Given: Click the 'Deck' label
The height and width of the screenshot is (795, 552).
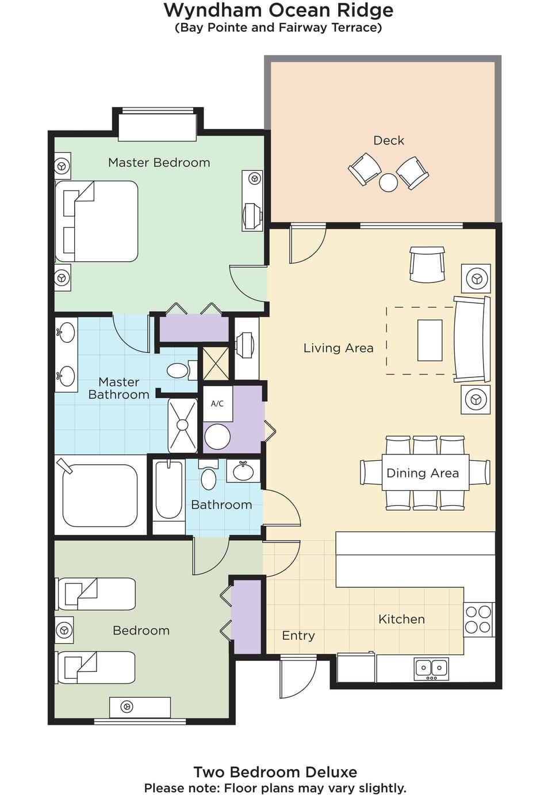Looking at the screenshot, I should [x=389, y=140].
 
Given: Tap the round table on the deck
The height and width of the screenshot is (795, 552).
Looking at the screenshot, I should [x=388, y=182].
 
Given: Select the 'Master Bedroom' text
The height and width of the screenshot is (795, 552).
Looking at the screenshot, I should [x=159, y=163].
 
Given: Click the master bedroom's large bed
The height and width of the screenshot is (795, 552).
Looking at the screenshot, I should [x=97, y=221].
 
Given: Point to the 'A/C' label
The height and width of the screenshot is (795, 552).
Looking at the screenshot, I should [x=217, y=404].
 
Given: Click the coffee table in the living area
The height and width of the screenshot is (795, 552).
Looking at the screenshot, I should [x=430, y=340].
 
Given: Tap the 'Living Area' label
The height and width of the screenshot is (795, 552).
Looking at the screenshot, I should [x=338, y=348].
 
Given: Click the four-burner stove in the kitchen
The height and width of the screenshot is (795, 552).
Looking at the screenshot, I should [x=478, y=619].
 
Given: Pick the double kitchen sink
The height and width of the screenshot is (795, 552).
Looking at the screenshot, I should [x=431, y=668].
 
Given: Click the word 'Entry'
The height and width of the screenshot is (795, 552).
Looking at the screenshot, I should [x=298, y=636].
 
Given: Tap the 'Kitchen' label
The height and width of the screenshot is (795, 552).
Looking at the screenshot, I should [x=401, y=620].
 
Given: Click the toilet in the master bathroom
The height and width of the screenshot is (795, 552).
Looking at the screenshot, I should [x=179, y=370].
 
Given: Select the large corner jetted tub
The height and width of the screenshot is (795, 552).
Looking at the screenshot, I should [x=100, y=495].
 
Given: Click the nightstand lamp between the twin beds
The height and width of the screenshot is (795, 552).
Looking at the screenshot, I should [x=64, y=630].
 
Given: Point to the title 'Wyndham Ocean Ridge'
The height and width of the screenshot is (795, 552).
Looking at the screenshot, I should [x=278, y=10].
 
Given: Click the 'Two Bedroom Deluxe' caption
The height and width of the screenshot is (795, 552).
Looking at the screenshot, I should [x=275, y=772].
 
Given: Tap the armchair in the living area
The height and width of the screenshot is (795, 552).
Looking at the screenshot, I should [x=427, y=265].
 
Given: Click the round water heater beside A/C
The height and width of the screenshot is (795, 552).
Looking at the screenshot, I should [x=217, y=437].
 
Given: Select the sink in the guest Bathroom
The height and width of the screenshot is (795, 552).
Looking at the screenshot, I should [x=243, y=471].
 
